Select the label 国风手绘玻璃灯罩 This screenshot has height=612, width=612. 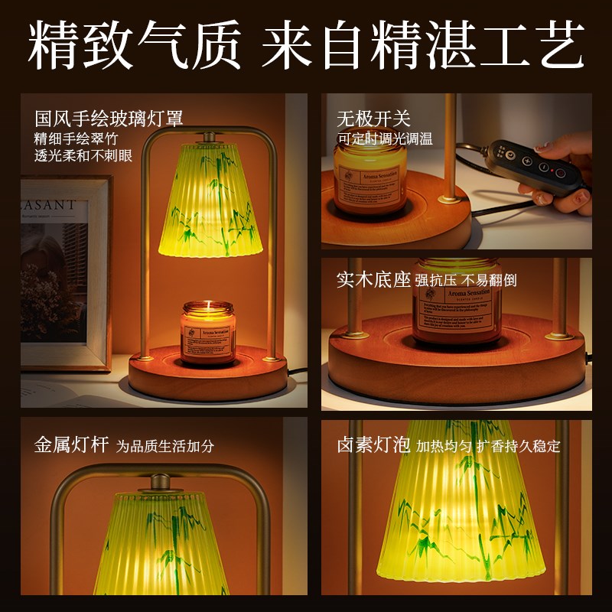pyautogui.click(x=109, y=119)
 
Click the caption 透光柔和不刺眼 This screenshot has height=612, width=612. pyautogui.click(x=83, y=155)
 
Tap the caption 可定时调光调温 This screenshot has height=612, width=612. pyautogui.click(x=385, y=139)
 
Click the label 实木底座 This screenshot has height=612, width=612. pyautogui.click(x=373, y=279)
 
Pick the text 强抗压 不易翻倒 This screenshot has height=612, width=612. pyautogui.click(x=466, y=280)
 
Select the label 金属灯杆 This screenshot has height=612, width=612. pyautogui.click(x=71, y=445)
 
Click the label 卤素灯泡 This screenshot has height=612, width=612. pyautogui.click(x=373, y=445)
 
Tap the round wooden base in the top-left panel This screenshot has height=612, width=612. pyautogui.click(x=207, y=376)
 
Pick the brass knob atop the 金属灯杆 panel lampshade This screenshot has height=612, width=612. pyautogui.click(x=160, y=483)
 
